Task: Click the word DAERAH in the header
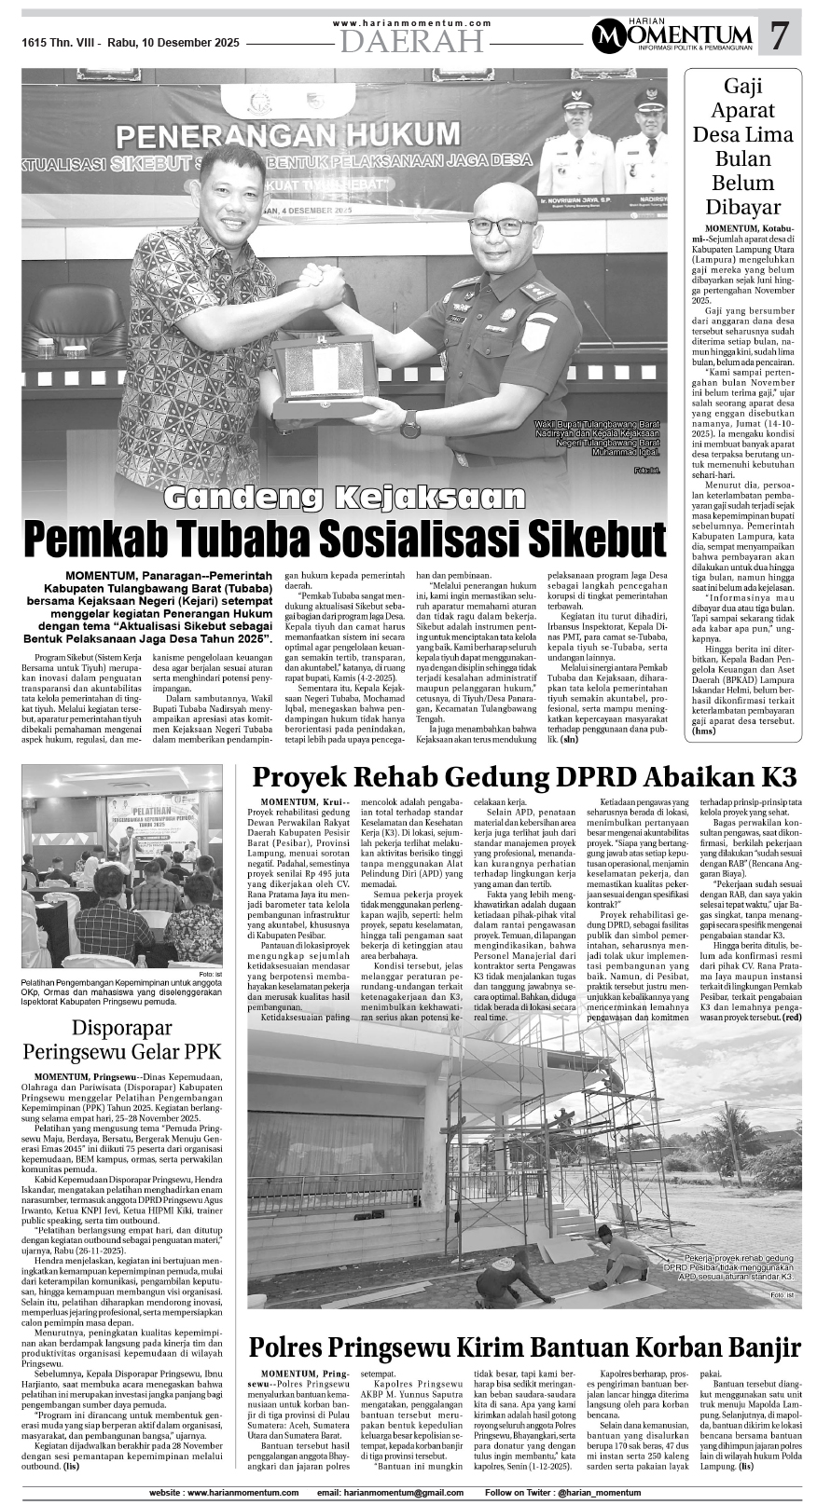tap(411, 40)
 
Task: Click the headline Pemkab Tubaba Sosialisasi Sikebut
tap(344, 540)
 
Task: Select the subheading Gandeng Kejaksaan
tap(344, 497)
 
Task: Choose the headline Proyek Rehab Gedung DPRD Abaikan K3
tap(524, 777)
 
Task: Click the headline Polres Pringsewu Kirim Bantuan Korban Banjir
tap(524, 1347)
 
